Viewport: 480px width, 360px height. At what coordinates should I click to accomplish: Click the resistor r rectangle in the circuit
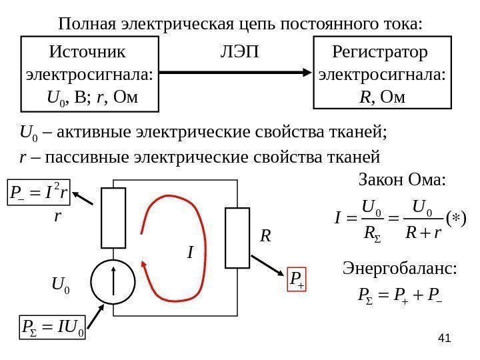click(113, 217)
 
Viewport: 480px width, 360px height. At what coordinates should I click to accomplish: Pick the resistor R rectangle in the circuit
click(237, 237)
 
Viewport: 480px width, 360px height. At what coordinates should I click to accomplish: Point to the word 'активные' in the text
click(95, 132)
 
